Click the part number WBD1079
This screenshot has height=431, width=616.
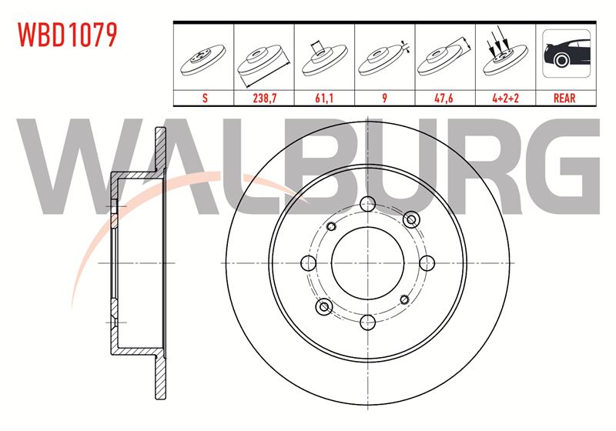68,35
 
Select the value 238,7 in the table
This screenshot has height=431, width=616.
264,98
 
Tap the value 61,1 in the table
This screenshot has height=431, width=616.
324,98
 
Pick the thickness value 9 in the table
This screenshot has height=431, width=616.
384,98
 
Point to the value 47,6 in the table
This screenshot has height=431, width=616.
444,98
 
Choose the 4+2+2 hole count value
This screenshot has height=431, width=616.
506,98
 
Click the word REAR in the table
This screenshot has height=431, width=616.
564,98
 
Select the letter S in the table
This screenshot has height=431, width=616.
205,98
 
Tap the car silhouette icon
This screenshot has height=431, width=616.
566,53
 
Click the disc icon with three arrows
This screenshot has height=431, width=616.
505,53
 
